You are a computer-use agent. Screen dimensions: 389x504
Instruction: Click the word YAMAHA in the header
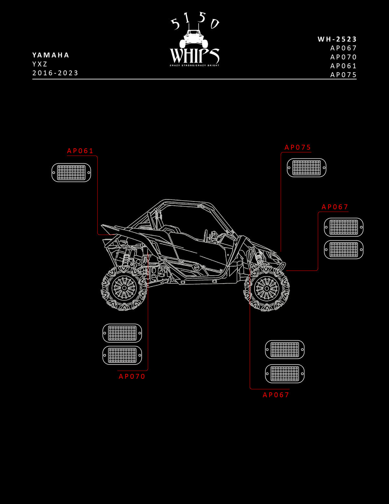coord(51,55)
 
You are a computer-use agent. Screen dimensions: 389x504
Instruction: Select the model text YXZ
coord(40,64)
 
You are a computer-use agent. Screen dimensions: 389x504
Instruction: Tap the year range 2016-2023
coord(55,73)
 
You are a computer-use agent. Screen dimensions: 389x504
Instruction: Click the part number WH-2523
coord(337,39)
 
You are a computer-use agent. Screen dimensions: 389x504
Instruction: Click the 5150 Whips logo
coord(194,39)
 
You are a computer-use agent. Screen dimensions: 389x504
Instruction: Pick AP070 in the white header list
coord(343,57)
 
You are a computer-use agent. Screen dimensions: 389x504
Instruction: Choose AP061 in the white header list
coord(343,66)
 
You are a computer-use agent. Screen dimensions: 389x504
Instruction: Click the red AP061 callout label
coord(80,151)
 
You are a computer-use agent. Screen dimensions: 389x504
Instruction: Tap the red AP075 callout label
coord(298,148)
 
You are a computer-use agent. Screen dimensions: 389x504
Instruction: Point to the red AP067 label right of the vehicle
coord(335,207)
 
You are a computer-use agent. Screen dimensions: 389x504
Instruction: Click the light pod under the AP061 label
coord(71,173)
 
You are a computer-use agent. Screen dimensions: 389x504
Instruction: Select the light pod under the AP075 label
coord(307,168)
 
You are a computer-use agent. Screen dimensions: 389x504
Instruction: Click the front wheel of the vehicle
coord(267,289)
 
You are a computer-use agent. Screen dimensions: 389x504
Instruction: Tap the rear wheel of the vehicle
coord(124,288)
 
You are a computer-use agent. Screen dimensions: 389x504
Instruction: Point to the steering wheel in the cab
coord(206,236)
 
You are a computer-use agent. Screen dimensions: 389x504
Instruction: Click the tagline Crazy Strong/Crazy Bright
coord(194,66)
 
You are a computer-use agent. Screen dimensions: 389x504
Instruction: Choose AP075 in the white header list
coord(343,75)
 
